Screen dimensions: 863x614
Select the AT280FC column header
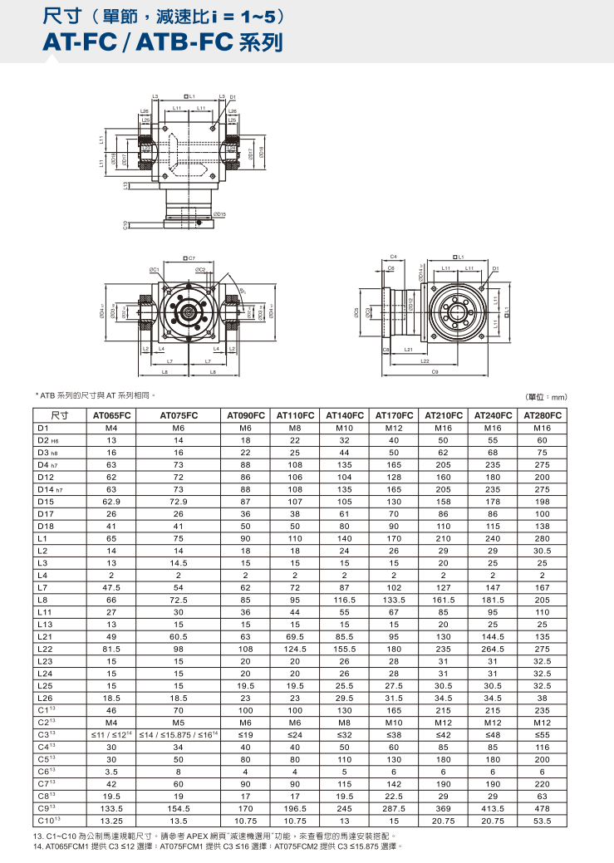[543, 414]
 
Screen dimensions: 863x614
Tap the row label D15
[46, 502]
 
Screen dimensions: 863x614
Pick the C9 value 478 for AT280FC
[543, 807]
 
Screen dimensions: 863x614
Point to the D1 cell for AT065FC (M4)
[112, 428]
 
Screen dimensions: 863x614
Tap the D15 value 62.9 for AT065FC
[112, 502]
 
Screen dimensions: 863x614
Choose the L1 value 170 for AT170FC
[394, 538]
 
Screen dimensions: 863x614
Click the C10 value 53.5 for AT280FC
[543, 820]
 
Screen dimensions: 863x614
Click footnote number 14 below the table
[38, 846]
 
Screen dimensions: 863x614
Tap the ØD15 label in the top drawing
[219, 214]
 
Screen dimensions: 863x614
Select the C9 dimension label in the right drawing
[436, 371]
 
